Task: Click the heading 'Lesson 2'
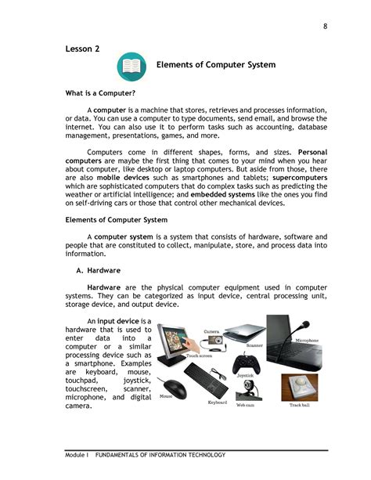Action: (x=82, y=49)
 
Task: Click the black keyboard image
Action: (x=216, y=385)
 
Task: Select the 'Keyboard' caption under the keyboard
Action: (x=217, y=402)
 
